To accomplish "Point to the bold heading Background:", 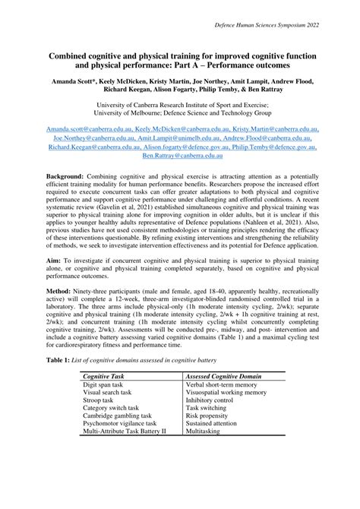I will [64, 175].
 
